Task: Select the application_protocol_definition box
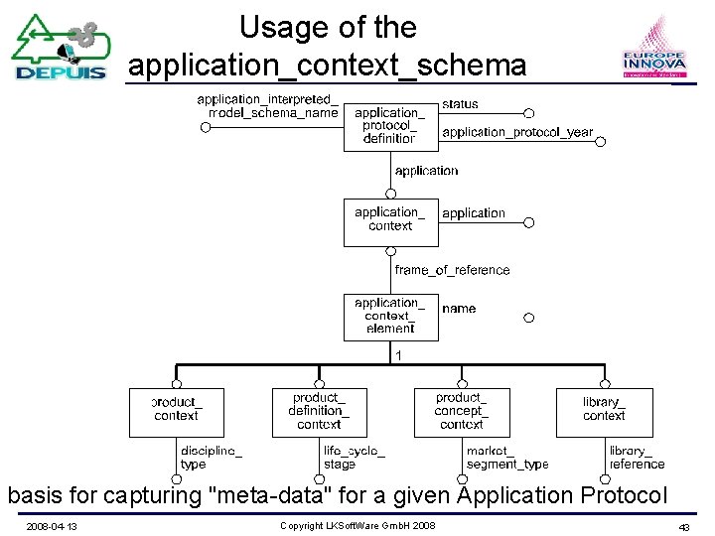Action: tap(389, 126)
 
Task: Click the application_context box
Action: tap(389, 220)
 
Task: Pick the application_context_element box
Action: tap(389, 317)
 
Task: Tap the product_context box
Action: tap(177, 412)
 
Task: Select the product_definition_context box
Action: tap(319, 412)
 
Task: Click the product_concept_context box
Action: tap(461, 412)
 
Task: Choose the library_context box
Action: tap(604, 412)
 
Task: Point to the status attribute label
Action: tap(460, 103)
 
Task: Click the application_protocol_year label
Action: tap(516, 132)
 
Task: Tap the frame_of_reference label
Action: tap(452, 270)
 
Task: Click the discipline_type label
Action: tap(211, 457)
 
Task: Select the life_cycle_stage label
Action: tap(354, 457)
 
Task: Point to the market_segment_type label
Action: tap(506, 457)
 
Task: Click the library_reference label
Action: tap(637, 457)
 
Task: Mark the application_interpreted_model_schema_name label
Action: tap(267, 106)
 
